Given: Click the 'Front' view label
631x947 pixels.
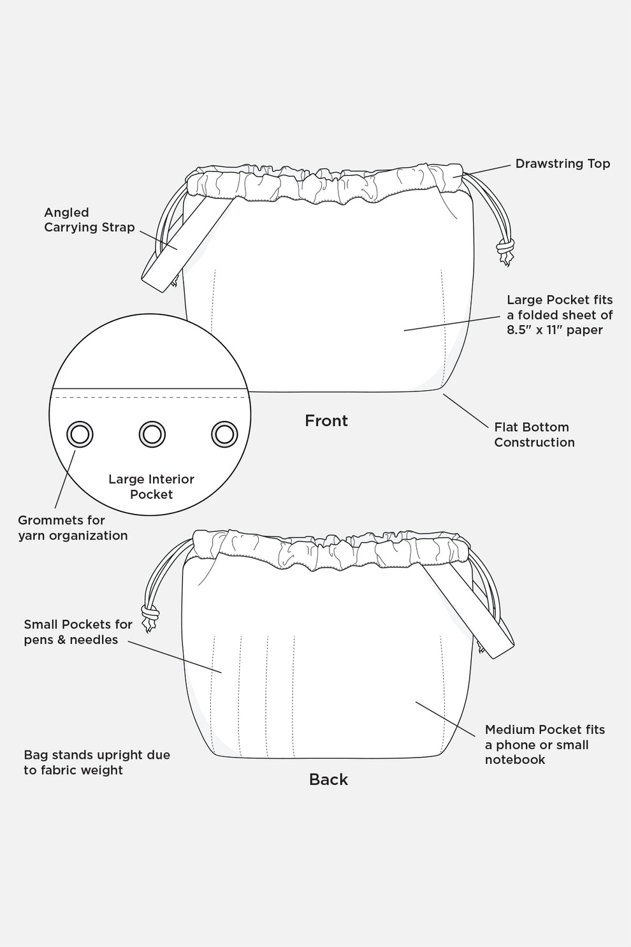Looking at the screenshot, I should tap(326, 421).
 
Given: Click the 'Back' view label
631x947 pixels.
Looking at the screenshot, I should tap(328, 779).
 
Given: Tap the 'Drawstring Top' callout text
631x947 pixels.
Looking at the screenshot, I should tap(562, 164).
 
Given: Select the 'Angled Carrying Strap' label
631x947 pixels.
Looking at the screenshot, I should tap(89, 220).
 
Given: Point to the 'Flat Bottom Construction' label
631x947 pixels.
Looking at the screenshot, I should tap(534, 435).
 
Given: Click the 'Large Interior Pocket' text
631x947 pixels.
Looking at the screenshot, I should tap(151, 487).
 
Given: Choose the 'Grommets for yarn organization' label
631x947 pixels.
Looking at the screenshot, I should tap(73, 528).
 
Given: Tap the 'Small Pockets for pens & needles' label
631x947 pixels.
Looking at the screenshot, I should tap(78, 632).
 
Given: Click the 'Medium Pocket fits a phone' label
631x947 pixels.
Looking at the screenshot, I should tap(544, 744).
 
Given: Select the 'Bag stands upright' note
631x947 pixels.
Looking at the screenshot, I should tap(97, 763).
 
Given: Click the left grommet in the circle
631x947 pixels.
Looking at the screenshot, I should tap(80, 434).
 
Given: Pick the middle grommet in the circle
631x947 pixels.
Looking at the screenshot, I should tap(152, 434).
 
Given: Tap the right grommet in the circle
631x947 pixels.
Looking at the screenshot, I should tap(224, 434).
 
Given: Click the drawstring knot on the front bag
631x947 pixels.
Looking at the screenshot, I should tap(505, 246).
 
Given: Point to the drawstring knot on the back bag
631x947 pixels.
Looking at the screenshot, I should tap(150, 614).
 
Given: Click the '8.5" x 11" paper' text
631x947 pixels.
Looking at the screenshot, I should tap(555, 330).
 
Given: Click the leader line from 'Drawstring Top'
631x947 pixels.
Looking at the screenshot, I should tap(487, 170).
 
